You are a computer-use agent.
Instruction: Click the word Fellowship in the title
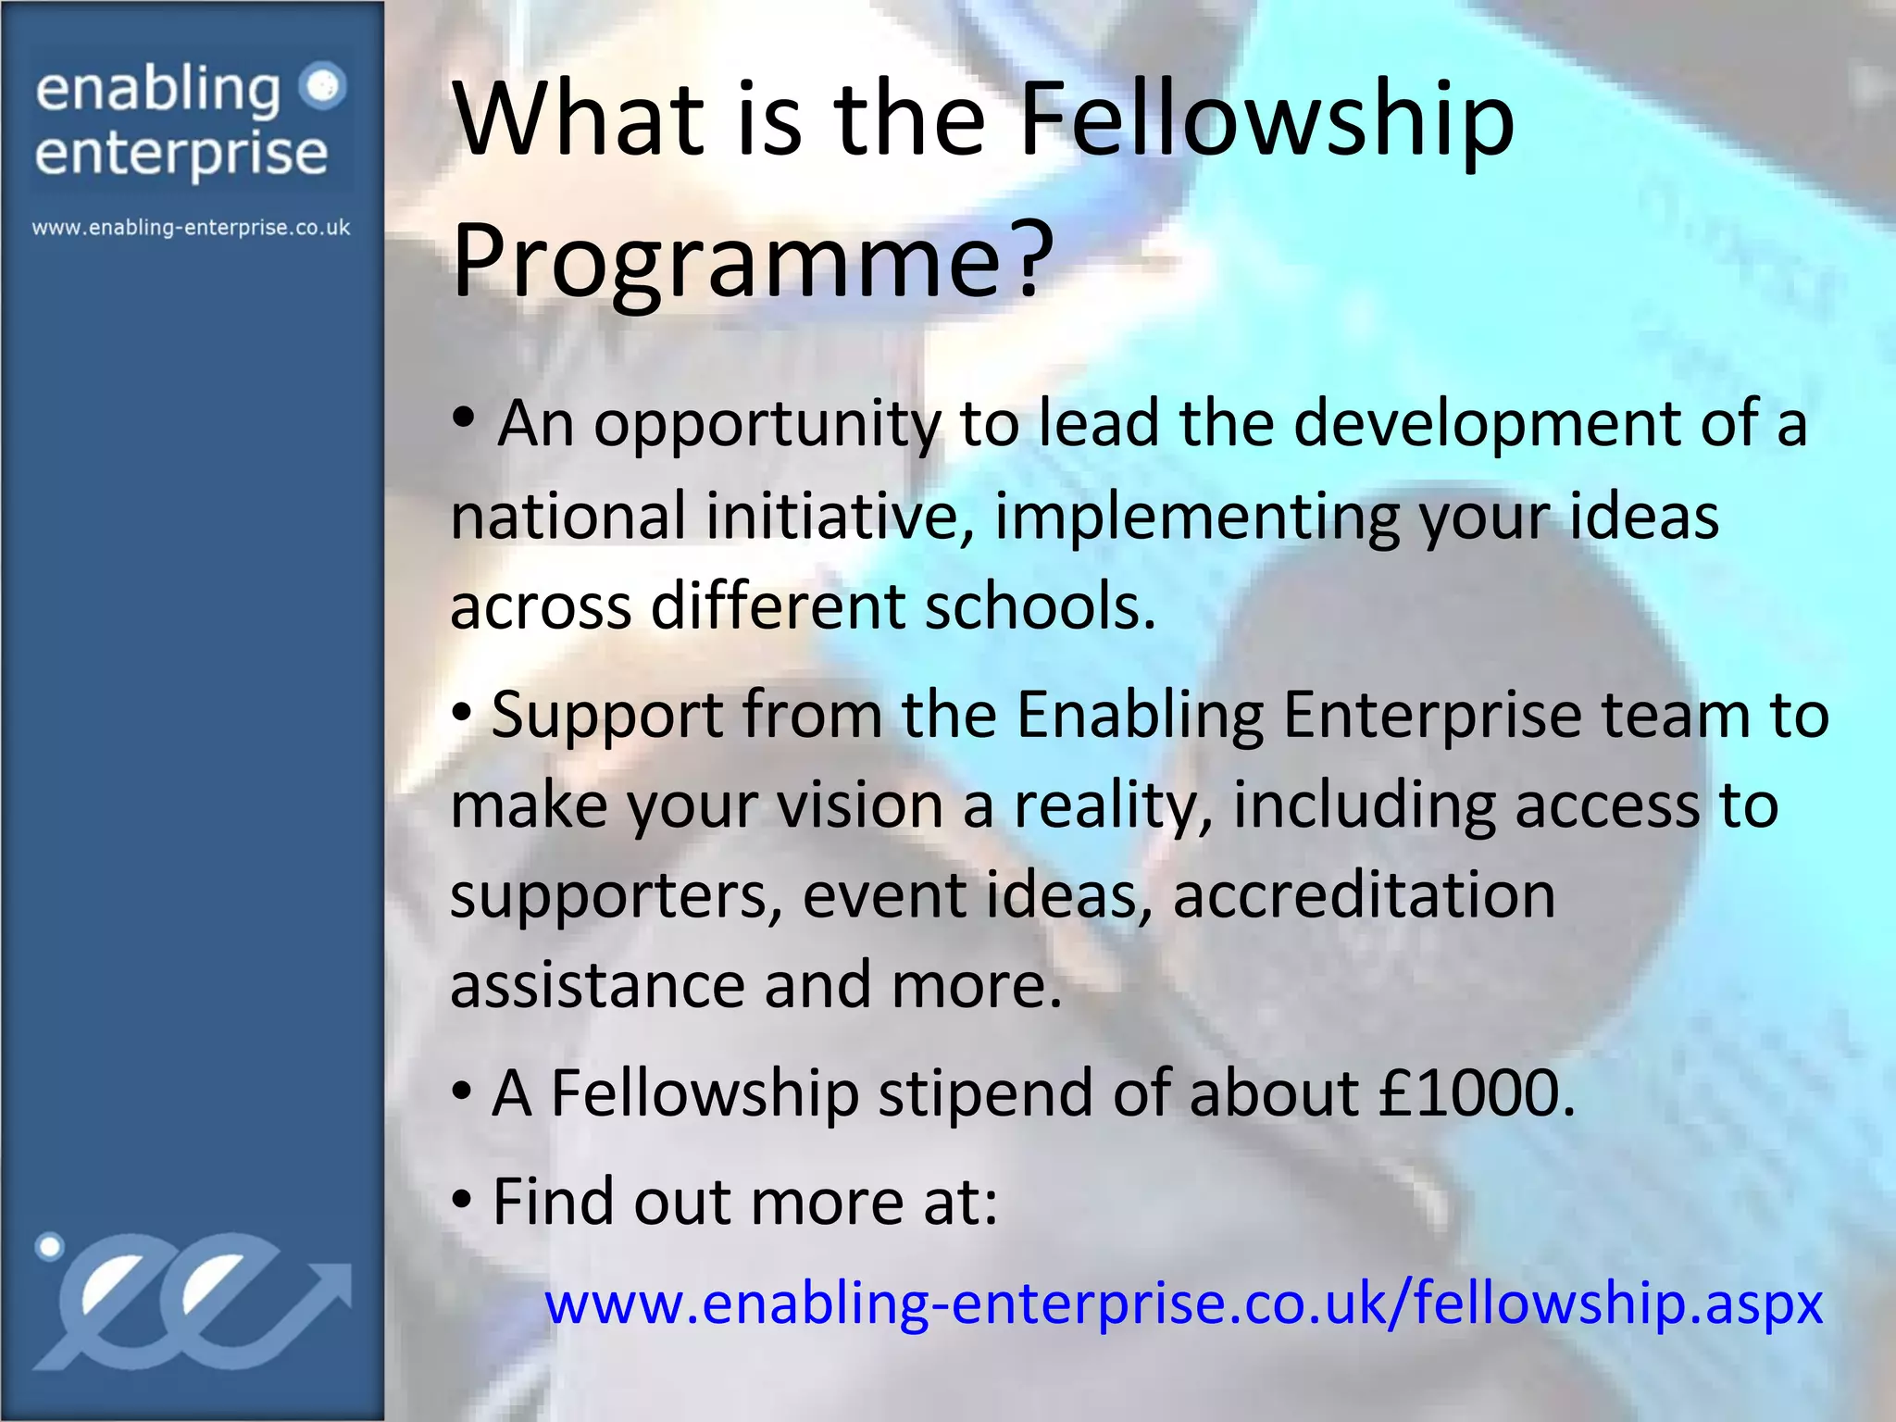[x=1266, y=120]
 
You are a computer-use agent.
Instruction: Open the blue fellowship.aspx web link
[x=1183, y=1303]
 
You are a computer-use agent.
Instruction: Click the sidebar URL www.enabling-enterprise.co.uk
[x=191, y=228]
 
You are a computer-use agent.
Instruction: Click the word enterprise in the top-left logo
[x=181, y=154]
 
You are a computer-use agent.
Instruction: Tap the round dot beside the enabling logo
[x=323, y=87]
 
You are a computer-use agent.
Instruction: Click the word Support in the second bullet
[x=607, y=717]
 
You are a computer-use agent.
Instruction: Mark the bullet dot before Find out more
[x=462, y=1201]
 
